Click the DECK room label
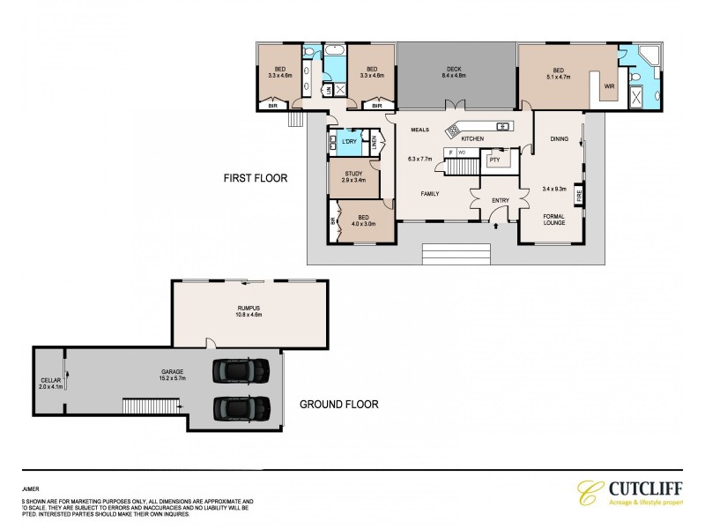click(x=453, y=70)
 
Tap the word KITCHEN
click(x=473, y=139)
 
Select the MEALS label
click(x=419, y=130)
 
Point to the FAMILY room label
click(x=430, y=194)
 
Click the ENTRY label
click(x=500, y=201)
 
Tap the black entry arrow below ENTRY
click(x=496, y=227)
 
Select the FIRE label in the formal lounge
click(x=579, y=194)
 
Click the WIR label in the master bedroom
click(x=608, y=86)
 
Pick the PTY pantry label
click(x=494, y=160)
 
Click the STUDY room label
click(x=353, y=174)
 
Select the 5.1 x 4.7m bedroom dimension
click(x=558, y=77)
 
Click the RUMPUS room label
click(x=249, y=308)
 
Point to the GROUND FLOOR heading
click(x=338, y=405)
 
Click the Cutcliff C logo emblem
click(x=588, y=493)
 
